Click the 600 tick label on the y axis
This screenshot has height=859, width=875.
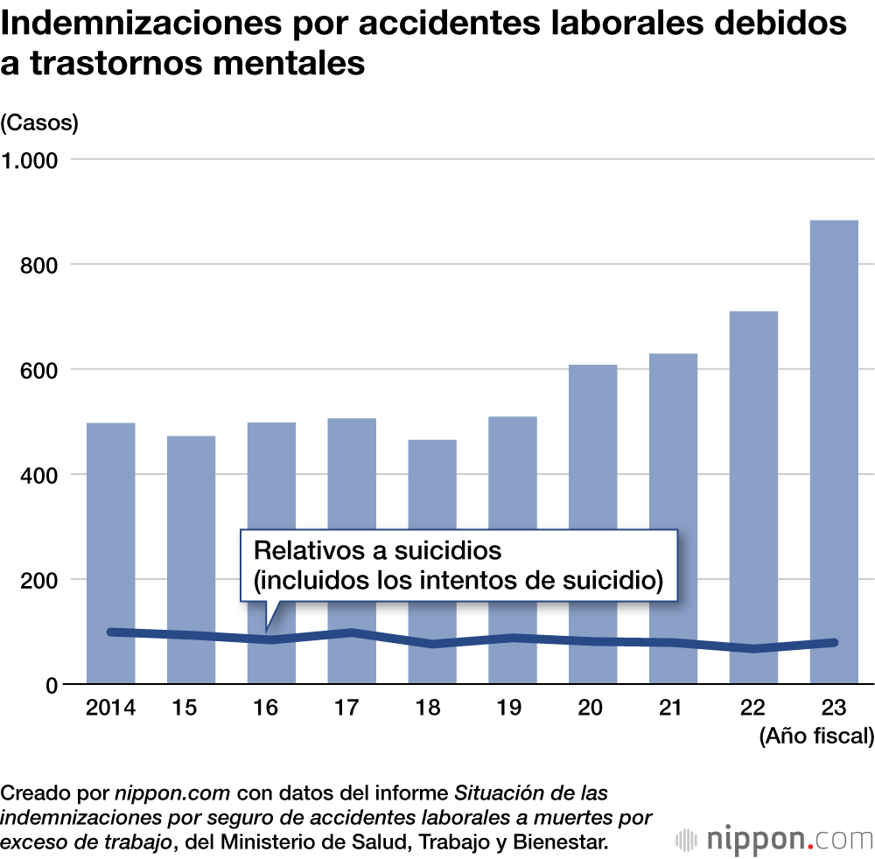36,370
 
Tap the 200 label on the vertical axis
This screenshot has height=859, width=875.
36,580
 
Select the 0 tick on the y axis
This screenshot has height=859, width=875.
50,685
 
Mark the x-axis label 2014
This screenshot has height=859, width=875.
110,708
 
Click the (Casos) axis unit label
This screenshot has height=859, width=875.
39,123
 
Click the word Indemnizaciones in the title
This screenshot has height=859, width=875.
137,24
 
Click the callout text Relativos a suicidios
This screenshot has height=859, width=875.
377,551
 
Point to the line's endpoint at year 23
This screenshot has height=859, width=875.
834,643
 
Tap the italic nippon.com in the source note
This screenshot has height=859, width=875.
172,794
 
